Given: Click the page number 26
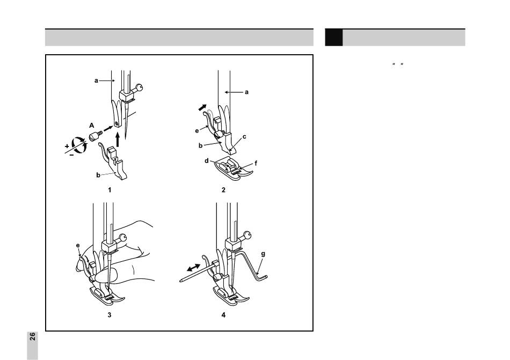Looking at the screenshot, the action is tap(33, 336).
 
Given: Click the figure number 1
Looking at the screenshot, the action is tap(110, 190).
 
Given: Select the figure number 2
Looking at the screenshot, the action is tap(223, 190).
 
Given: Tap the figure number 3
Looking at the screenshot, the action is tap(110, 315).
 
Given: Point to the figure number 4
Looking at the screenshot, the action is tap(223, 315).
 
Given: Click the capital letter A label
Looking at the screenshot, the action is tap(92, 126).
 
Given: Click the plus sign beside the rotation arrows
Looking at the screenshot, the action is tap(67, 146).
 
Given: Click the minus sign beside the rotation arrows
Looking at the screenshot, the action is tap(71, 155).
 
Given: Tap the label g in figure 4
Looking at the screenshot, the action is tap(263, 254).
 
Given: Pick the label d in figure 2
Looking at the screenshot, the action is tap(207, 161).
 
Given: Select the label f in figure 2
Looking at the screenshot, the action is tap(256, 163).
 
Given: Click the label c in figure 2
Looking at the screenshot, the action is tap(244, 137).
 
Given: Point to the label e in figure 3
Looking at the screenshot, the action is tap(78, 245).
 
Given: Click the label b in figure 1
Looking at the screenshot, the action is tap(98, 175).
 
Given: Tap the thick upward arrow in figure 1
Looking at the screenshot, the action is tap(118, 139).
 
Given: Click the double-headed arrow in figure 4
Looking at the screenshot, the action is tap(194, 267).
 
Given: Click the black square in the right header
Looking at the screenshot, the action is tap(334, 38).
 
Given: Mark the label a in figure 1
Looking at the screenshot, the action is tap(96, 80).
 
